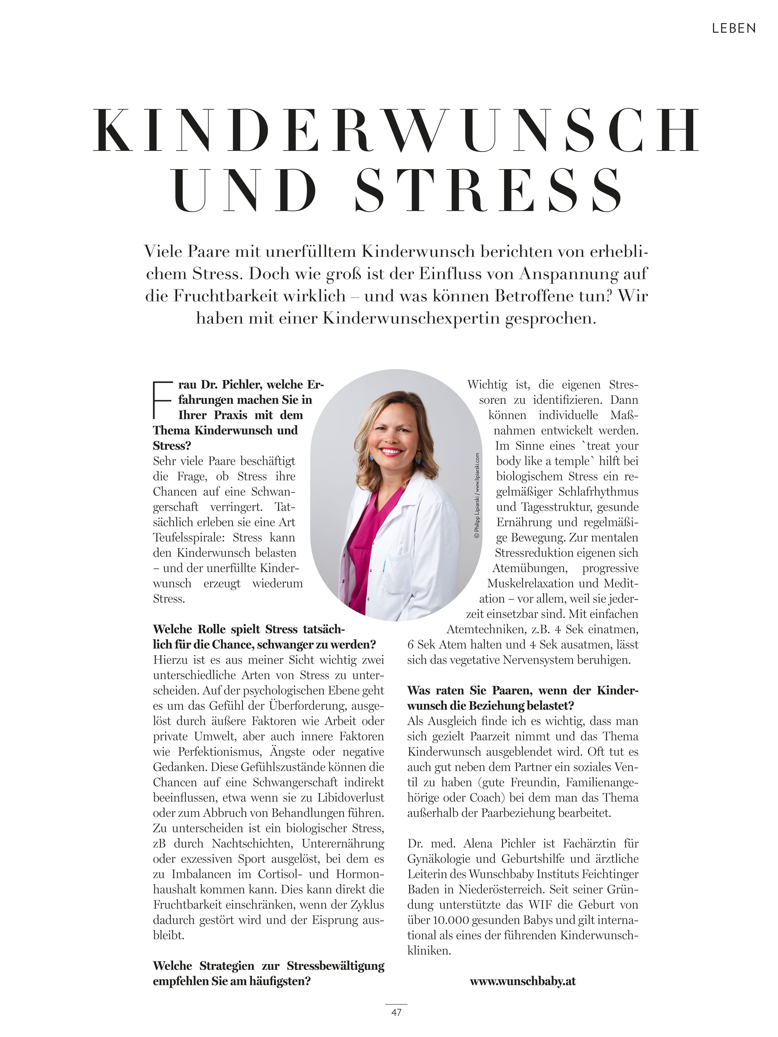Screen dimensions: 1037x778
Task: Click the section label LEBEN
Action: coord(733,29)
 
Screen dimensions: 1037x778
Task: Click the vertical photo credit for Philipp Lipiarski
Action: coord(477,494)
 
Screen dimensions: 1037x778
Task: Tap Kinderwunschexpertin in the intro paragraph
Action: coord(411,318)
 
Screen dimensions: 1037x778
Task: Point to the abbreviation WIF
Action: coord(541,905)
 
